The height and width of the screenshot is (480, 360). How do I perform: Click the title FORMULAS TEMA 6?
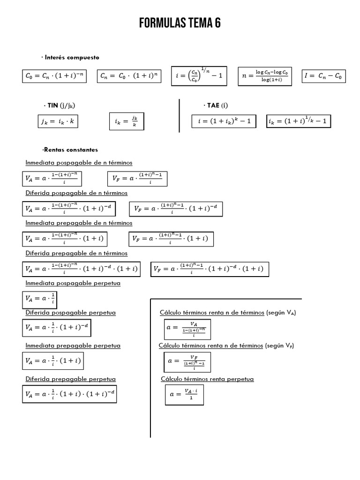(x=180, y=23)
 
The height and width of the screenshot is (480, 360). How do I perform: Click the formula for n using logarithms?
(x=265, y=76)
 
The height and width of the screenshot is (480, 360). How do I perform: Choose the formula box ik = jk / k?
(x=127, y=121)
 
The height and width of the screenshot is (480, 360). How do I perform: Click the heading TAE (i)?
(x=216, y=105)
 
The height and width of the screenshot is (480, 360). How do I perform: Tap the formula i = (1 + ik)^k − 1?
(x=225, y=121)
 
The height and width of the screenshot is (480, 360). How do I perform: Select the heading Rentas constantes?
(x=70, y=150)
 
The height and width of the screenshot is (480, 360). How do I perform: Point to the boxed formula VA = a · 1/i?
(x=40, y=299)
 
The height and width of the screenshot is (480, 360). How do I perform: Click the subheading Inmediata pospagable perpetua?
(x=73, y=284)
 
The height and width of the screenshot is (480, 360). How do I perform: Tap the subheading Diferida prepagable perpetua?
(x=70, y=379)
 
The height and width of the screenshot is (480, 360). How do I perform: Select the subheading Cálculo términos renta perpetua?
(x=207, y=379)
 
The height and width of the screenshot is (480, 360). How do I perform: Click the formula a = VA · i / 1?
(x=184, y=394)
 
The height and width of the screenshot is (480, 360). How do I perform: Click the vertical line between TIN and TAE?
(x=180, y=116)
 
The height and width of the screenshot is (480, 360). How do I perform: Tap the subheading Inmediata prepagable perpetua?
(x=73, y=345)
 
